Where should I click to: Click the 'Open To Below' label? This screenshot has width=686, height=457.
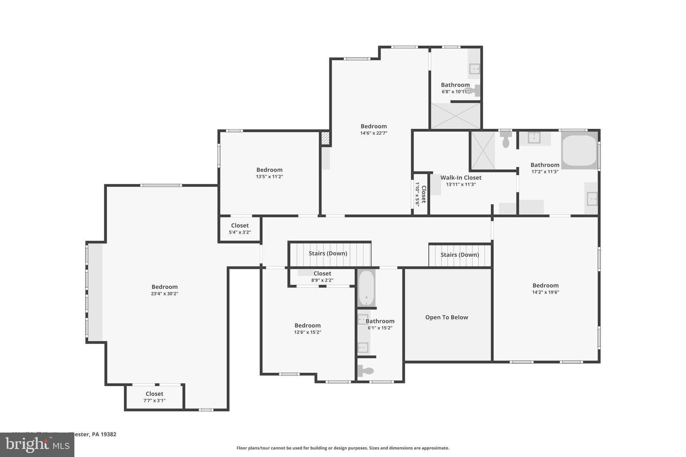pos(447,317)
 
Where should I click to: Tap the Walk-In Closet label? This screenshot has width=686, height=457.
pos(461,178)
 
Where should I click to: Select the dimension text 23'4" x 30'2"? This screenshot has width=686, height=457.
pos(164,294)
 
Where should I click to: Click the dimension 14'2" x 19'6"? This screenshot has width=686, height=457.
pos(545,292)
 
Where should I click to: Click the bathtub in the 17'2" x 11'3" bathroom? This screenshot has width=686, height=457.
pos(579,150)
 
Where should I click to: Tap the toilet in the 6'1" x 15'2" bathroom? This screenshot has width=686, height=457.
pos(366,371)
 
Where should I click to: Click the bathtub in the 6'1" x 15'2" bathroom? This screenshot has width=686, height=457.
pos(366,288)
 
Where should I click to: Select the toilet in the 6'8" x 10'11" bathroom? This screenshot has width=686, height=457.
pos(473,90)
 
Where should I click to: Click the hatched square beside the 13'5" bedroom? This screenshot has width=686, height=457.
pos(325,138)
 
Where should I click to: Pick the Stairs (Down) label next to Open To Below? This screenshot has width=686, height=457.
pos(460,255)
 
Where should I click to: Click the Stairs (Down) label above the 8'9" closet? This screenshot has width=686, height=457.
pos(328,253)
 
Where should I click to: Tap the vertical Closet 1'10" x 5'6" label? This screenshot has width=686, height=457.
pos(421,194)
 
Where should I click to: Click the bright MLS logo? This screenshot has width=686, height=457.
pos(37,445)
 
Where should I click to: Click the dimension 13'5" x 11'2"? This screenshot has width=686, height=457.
pos(269,176)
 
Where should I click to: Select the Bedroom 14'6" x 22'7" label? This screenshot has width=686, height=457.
pos(373,129)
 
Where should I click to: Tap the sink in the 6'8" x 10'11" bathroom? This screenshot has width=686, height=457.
pos(474,69)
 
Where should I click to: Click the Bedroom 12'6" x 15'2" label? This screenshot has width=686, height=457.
pos(307,328)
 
